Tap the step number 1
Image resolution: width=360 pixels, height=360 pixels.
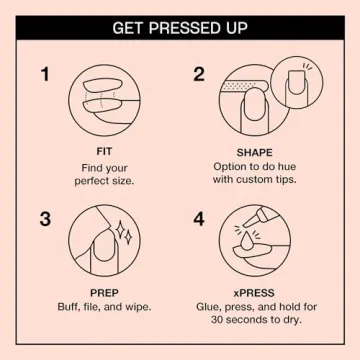click(45, 74)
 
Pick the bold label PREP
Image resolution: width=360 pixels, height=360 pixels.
click(104, 293)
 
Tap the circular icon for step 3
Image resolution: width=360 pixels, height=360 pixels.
click(104, 242)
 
